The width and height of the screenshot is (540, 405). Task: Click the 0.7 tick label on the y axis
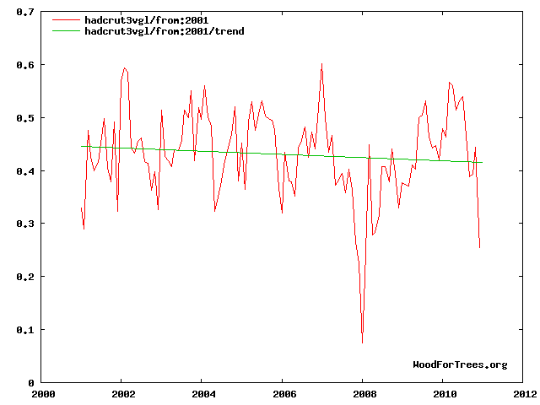(25, 12)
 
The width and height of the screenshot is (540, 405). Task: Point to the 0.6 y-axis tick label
(25, 65)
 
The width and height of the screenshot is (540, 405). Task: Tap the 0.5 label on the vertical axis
(25, 118)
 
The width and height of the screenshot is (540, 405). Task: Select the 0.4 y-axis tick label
(25, 171)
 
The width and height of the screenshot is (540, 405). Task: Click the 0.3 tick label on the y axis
(25, 224)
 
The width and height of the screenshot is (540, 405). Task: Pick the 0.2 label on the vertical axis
(25, 277)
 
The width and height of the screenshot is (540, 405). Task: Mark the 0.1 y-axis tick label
(25, 330)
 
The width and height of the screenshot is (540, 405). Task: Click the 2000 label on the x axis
(43, 394)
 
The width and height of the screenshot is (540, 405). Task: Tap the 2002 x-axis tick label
(123, 394)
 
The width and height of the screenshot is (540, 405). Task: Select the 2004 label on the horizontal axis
(203, 394)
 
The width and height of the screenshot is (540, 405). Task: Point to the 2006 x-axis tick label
(284, 394)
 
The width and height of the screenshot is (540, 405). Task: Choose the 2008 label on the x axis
(364, 394)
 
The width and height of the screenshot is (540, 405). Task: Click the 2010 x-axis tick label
(445, 394)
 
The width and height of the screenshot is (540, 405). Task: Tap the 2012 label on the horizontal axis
(525, 394)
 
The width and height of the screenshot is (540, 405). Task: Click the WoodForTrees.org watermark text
(460, 364)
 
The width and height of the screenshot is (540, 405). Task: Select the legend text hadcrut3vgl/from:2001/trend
(165, 31)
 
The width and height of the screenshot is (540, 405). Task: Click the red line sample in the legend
(66, 20)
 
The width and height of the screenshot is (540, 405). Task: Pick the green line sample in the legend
(66, 31)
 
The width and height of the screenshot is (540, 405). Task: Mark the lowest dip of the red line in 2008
(362, 343)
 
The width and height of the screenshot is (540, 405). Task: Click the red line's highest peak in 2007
(321, 64)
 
